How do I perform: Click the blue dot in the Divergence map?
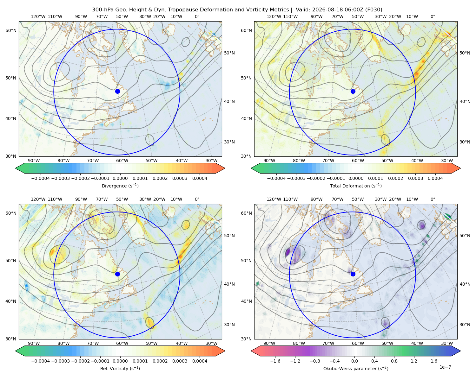click(x=117, y=91)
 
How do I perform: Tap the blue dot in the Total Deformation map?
click(x=353, y=91)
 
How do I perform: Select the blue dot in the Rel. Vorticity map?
click(x=117, y=274)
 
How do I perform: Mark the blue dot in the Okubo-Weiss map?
click(x=353, y=274)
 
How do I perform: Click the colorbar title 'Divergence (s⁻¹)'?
click(x=120, y=186)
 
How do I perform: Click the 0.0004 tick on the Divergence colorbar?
click(x=200, y=178)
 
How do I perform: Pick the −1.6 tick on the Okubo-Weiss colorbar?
click(x=275, y=361)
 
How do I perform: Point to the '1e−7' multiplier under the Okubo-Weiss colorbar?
click(x=445, y=367)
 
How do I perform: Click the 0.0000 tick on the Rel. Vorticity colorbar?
click(x=120, y=361)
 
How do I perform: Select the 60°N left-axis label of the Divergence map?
click(x=11, y=30)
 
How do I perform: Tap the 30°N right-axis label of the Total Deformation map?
click(x=465, y=142)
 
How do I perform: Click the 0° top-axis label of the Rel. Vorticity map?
click(x=197, y=199)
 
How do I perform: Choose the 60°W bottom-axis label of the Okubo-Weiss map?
click(x=358, y=343)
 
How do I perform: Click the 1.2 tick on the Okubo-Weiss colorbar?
click(x=414, y=361)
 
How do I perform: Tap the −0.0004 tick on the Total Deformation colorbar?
click(x=276, y=178)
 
